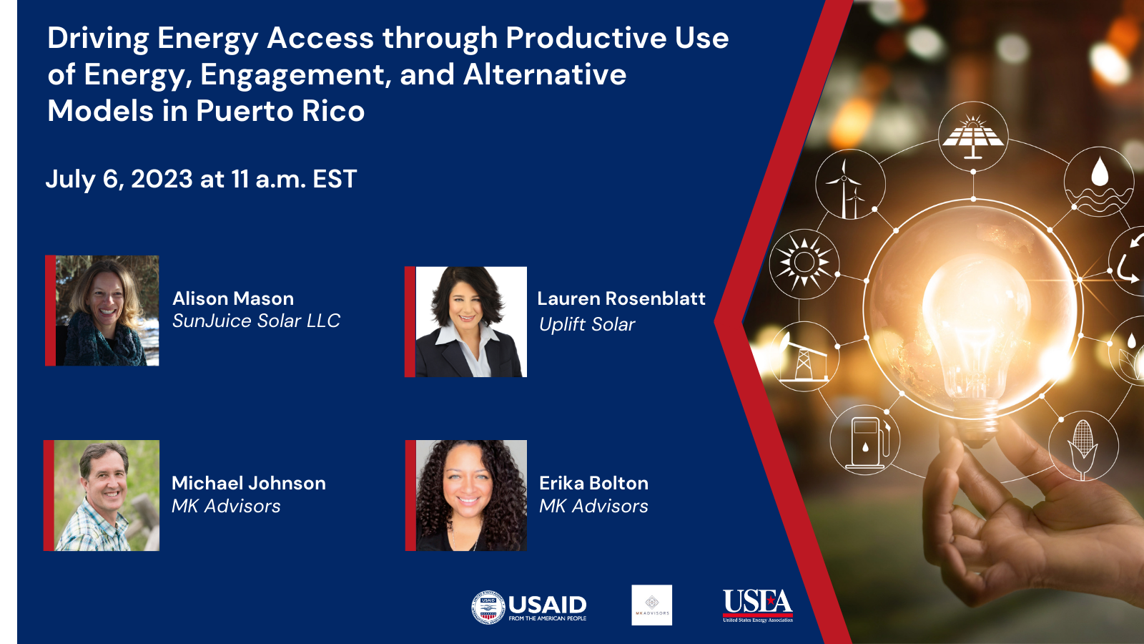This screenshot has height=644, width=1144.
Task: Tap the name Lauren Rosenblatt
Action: pyautogui.click(x=621, y=298)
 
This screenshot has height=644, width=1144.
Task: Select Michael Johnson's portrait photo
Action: pyautogui.click(x=106, y=495)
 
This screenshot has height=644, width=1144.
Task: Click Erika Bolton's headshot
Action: pyautogui.click(x=470, y=495)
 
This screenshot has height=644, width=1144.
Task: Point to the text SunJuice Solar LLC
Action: pyautogui.click(x=256, y=321)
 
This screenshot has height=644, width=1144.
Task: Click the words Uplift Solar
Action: pyautogui.click(x=587, y=324)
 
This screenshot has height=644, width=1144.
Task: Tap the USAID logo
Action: pyautogui.click(x=529, y=607)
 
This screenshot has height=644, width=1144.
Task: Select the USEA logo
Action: pyautogui.click(x=757, y=605)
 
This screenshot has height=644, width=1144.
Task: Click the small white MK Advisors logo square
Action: pyautogui.click(x=651, y=605)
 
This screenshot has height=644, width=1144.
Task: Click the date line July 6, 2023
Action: pyautogui.click(x=201, y=179)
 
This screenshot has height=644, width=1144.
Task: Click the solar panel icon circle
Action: pyautogui.click(x=972, y=136)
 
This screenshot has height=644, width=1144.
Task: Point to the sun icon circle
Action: pyautogui.click(x=804, y=263)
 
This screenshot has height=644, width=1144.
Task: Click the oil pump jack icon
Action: pyautogui.click(x=804, y=356)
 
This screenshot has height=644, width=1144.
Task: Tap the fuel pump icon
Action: pyautogui.click(x=865, y=441)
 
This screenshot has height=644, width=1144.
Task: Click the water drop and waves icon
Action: pyautogui.click(x=1099, y=181)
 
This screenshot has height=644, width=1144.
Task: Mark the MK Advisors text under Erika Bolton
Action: pyautogui.click(x=593, y=506)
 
